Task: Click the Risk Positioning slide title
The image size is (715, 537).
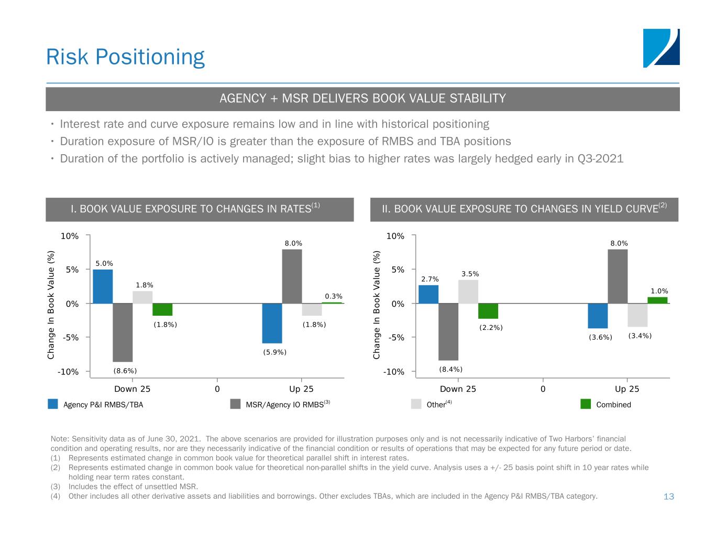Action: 125,57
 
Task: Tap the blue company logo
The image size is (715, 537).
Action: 661,48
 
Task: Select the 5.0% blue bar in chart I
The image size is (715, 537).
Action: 103,286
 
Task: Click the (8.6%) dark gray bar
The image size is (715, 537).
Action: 123,332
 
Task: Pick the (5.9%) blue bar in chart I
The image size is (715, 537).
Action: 272,323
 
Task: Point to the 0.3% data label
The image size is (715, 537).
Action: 334,296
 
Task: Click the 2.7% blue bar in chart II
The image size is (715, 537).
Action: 428,294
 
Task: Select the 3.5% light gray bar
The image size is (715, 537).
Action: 468,292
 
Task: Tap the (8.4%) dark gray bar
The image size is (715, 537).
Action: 448,332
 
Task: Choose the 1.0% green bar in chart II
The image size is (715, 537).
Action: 657,300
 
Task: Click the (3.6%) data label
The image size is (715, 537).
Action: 600,337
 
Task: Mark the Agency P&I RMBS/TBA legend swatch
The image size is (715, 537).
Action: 53,404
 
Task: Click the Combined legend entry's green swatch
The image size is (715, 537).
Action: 586,404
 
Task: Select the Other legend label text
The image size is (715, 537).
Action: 436,405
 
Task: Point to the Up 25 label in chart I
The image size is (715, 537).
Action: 301,389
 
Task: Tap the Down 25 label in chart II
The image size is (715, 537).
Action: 458,389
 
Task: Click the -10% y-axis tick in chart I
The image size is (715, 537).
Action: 69,372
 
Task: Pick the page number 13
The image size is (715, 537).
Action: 668,496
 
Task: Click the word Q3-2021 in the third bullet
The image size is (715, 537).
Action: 600,158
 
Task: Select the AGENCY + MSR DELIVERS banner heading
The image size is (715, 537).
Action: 362,99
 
